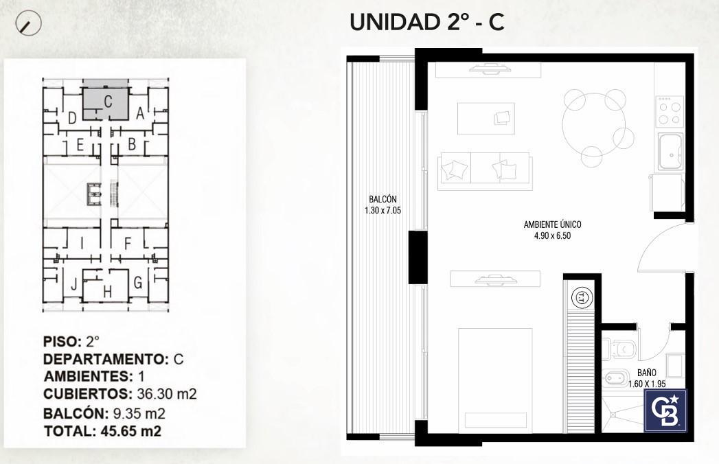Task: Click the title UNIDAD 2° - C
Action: click(x=427, y=22)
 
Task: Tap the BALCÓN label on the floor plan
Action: click(x=383, y=200)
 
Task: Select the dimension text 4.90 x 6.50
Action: click(x=552, y=236)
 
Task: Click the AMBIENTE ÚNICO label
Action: click(x=552, y=224)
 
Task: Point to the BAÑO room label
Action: click(x=646, y=373)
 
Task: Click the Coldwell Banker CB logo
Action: click(x=666, y=411)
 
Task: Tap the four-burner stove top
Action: click(x=670, y=111)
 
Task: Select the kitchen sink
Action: click(x=671, y=152)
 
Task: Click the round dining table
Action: click(x=593, y=125)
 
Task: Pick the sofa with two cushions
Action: click(x=485, y=171)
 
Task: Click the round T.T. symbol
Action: click(x=582, y=298)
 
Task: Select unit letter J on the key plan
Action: click(x=73, y=284)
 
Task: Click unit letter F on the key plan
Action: click(x=128, y=244)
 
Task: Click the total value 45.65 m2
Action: click(x=130, y=432)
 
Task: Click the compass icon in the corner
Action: click(x=28, y=23)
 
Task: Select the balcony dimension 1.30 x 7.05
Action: click(x=383, y=211)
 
